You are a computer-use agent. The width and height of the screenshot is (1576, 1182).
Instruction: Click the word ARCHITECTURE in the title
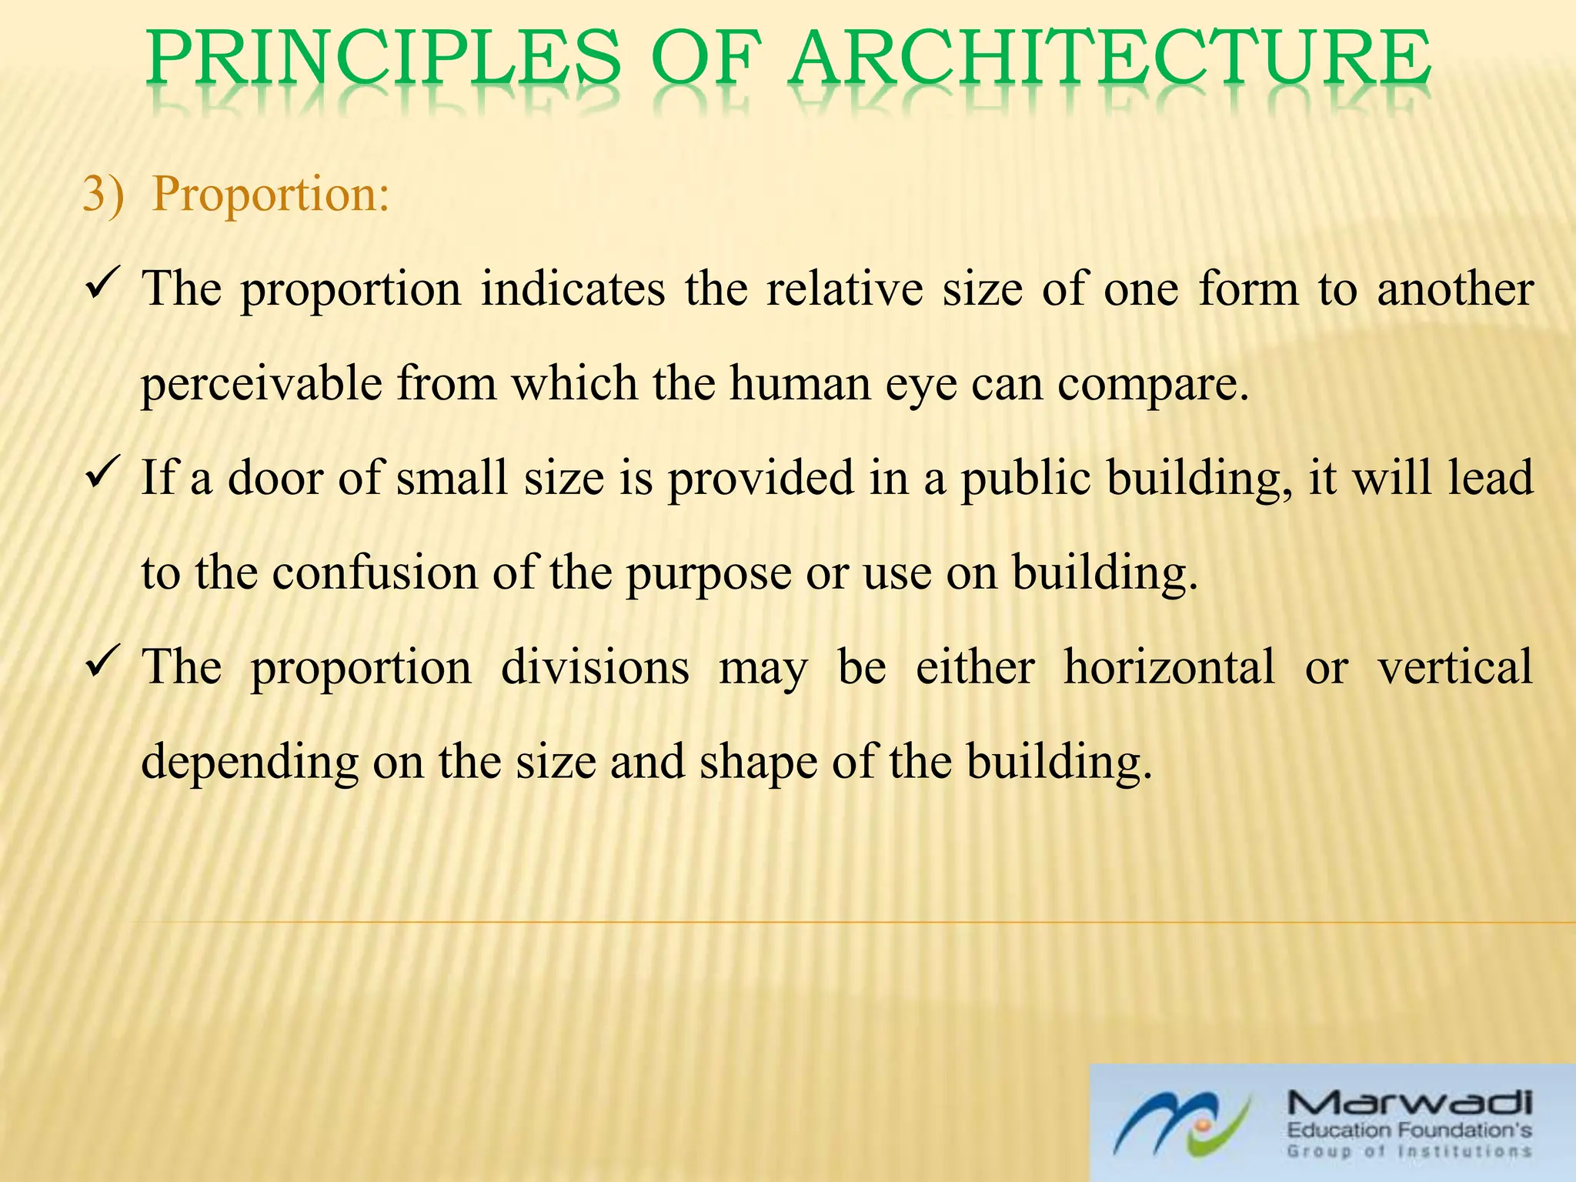1110,60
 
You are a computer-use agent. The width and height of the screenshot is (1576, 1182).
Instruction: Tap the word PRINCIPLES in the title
383,60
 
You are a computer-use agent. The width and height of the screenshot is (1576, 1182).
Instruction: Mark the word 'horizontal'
1169,666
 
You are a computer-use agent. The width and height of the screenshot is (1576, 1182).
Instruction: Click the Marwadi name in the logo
1408,1106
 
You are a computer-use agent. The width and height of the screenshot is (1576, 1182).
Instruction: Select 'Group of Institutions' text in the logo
1408,1152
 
